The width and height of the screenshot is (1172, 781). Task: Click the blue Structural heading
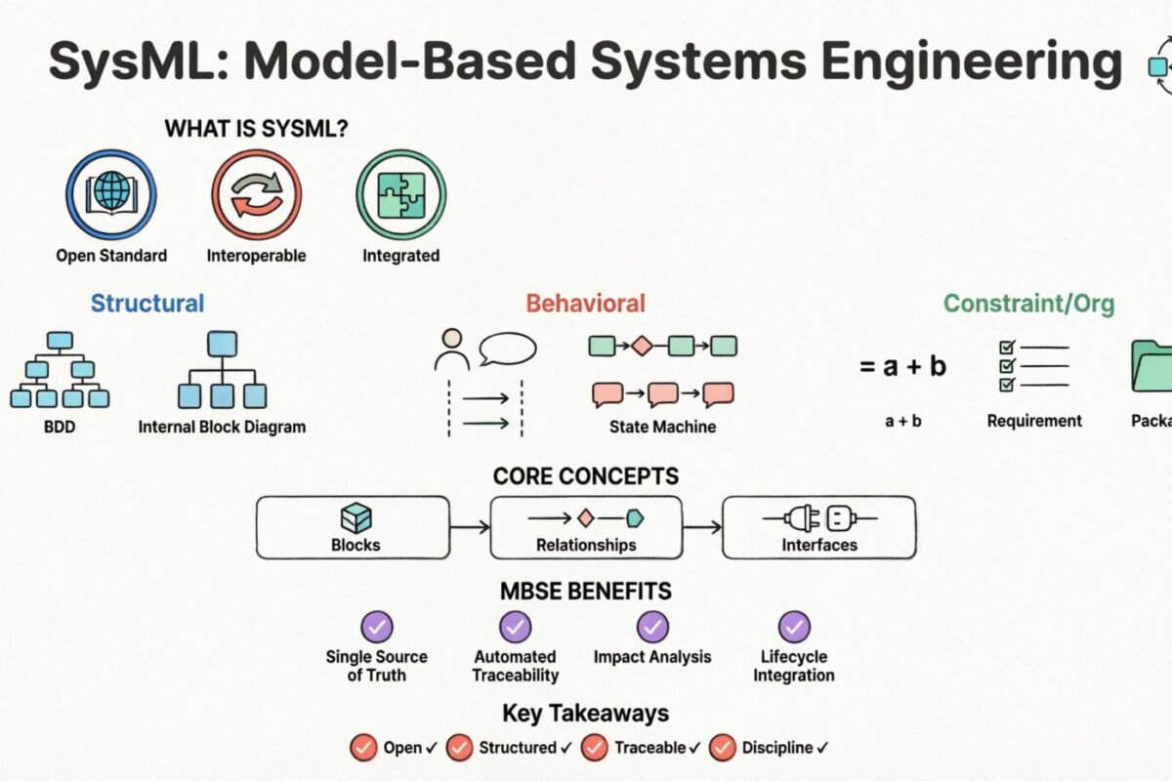point(147,304)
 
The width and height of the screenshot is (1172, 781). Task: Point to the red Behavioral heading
point(585,304)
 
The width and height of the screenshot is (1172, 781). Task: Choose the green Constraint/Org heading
point(1028,304)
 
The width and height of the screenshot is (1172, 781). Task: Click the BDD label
point(60,427)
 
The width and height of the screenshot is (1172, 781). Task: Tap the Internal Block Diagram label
point(222,427)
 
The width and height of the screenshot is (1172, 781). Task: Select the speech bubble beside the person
point(507,349)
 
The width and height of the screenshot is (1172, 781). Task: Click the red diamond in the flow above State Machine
point(641,346)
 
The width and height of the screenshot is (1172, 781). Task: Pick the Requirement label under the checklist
point(1034,422)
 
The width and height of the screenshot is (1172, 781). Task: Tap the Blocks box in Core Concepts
point(354,527)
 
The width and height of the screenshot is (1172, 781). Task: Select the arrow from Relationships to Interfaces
point(701,527)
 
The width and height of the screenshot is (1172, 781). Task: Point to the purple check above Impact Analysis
point(652,626)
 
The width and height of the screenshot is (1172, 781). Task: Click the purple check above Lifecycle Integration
point(794,626)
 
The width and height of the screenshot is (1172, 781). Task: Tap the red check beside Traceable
point(594,748)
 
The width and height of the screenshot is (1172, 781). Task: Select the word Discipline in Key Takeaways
point(776,748)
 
